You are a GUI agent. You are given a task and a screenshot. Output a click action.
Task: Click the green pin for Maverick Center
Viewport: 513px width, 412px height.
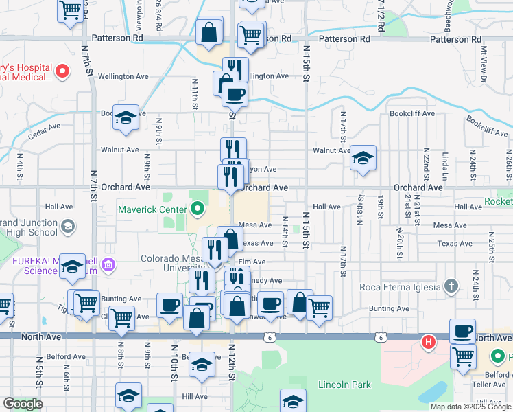pos(198,207)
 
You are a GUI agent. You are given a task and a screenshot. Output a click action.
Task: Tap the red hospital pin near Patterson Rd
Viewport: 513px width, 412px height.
pos(62,70)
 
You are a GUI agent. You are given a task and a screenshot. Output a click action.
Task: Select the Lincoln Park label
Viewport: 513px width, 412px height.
pos(344,385)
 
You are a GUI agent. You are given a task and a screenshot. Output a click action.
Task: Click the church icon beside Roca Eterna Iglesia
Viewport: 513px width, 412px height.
pos(451,285)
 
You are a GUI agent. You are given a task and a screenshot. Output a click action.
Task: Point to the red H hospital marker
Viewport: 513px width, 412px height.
pos(429,341)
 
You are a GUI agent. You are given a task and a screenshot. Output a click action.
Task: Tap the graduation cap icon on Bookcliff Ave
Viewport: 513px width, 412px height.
pos(126,117)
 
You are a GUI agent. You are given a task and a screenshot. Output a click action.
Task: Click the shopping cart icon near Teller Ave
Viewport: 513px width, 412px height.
pos(464,356)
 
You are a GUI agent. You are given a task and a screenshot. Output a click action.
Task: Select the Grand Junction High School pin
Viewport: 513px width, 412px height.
pos(68,226)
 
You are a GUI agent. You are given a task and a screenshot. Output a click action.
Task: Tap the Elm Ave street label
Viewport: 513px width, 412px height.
pos(252,262)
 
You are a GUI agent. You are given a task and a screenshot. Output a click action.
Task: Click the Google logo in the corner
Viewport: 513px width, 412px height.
pos(23,404)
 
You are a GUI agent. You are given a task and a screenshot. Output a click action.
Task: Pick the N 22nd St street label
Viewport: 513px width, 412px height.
pos(426,160)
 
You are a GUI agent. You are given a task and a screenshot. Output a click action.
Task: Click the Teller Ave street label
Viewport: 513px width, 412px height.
pos(493,385)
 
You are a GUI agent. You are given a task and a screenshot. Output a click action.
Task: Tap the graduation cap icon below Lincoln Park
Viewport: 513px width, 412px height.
pos(293,400)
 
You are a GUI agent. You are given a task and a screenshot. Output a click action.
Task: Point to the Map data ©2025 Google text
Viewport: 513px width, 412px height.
pos(470,407)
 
